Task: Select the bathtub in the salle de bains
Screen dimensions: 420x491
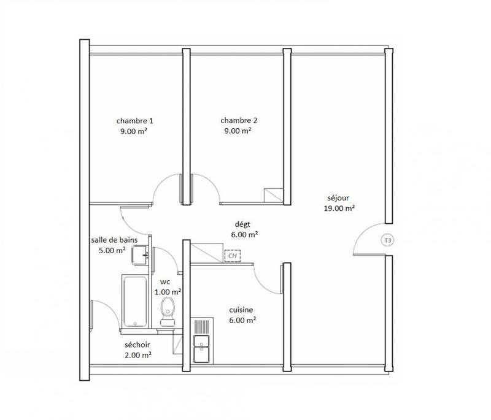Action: tap(134, 300)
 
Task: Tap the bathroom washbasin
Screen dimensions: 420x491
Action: tap(141, 253)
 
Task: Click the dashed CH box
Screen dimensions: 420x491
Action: tap(233, 256)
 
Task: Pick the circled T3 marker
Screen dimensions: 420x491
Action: tap(387, 240)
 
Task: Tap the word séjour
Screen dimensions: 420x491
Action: tap(338, 198)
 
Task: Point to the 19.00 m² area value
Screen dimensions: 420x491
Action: tap(338, 208)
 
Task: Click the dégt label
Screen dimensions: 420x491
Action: tap(244, 224)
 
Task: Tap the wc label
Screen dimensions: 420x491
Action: tap(165, 282)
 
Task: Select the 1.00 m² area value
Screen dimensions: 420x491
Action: tap(167, 292)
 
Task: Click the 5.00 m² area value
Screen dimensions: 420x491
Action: tap(108, 250)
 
